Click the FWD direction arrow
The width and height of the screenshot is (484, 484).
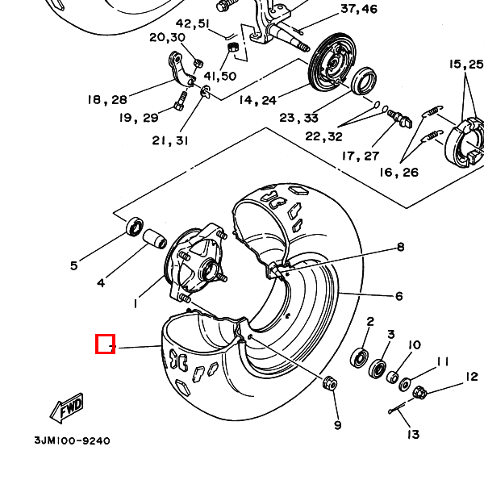67,407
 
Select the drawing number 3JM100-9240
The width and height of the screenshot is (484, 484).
72,440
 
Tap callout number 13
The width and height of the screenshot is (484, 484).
413,434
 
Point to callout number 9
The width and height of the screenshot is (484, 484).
338,425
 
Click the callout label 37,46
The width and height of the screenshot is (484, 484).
359,9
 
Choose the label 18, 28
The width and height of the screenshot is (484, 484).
107,100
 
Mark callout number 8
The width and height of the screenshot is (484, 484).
400,247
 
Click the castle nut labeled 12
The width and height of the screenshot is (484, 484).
419,392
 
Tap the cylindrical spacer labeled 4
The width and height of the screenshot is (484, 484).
155,240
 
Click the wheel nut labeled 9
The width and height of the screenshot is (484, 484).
330,383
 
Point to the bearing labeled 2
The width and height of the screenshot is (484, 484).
360,357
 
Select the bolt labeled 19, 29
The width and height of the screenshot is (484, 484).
181,101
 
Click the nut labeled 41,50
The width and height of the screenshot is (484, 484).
233,48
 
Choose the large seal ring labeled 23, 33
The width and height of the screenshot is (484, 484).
364,81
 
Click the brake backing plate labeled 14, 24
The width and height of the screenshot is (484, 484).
332,62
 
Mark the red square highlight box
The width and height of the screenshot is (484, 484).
105,344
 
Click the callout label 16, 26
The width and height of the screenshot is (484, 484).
398,173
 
